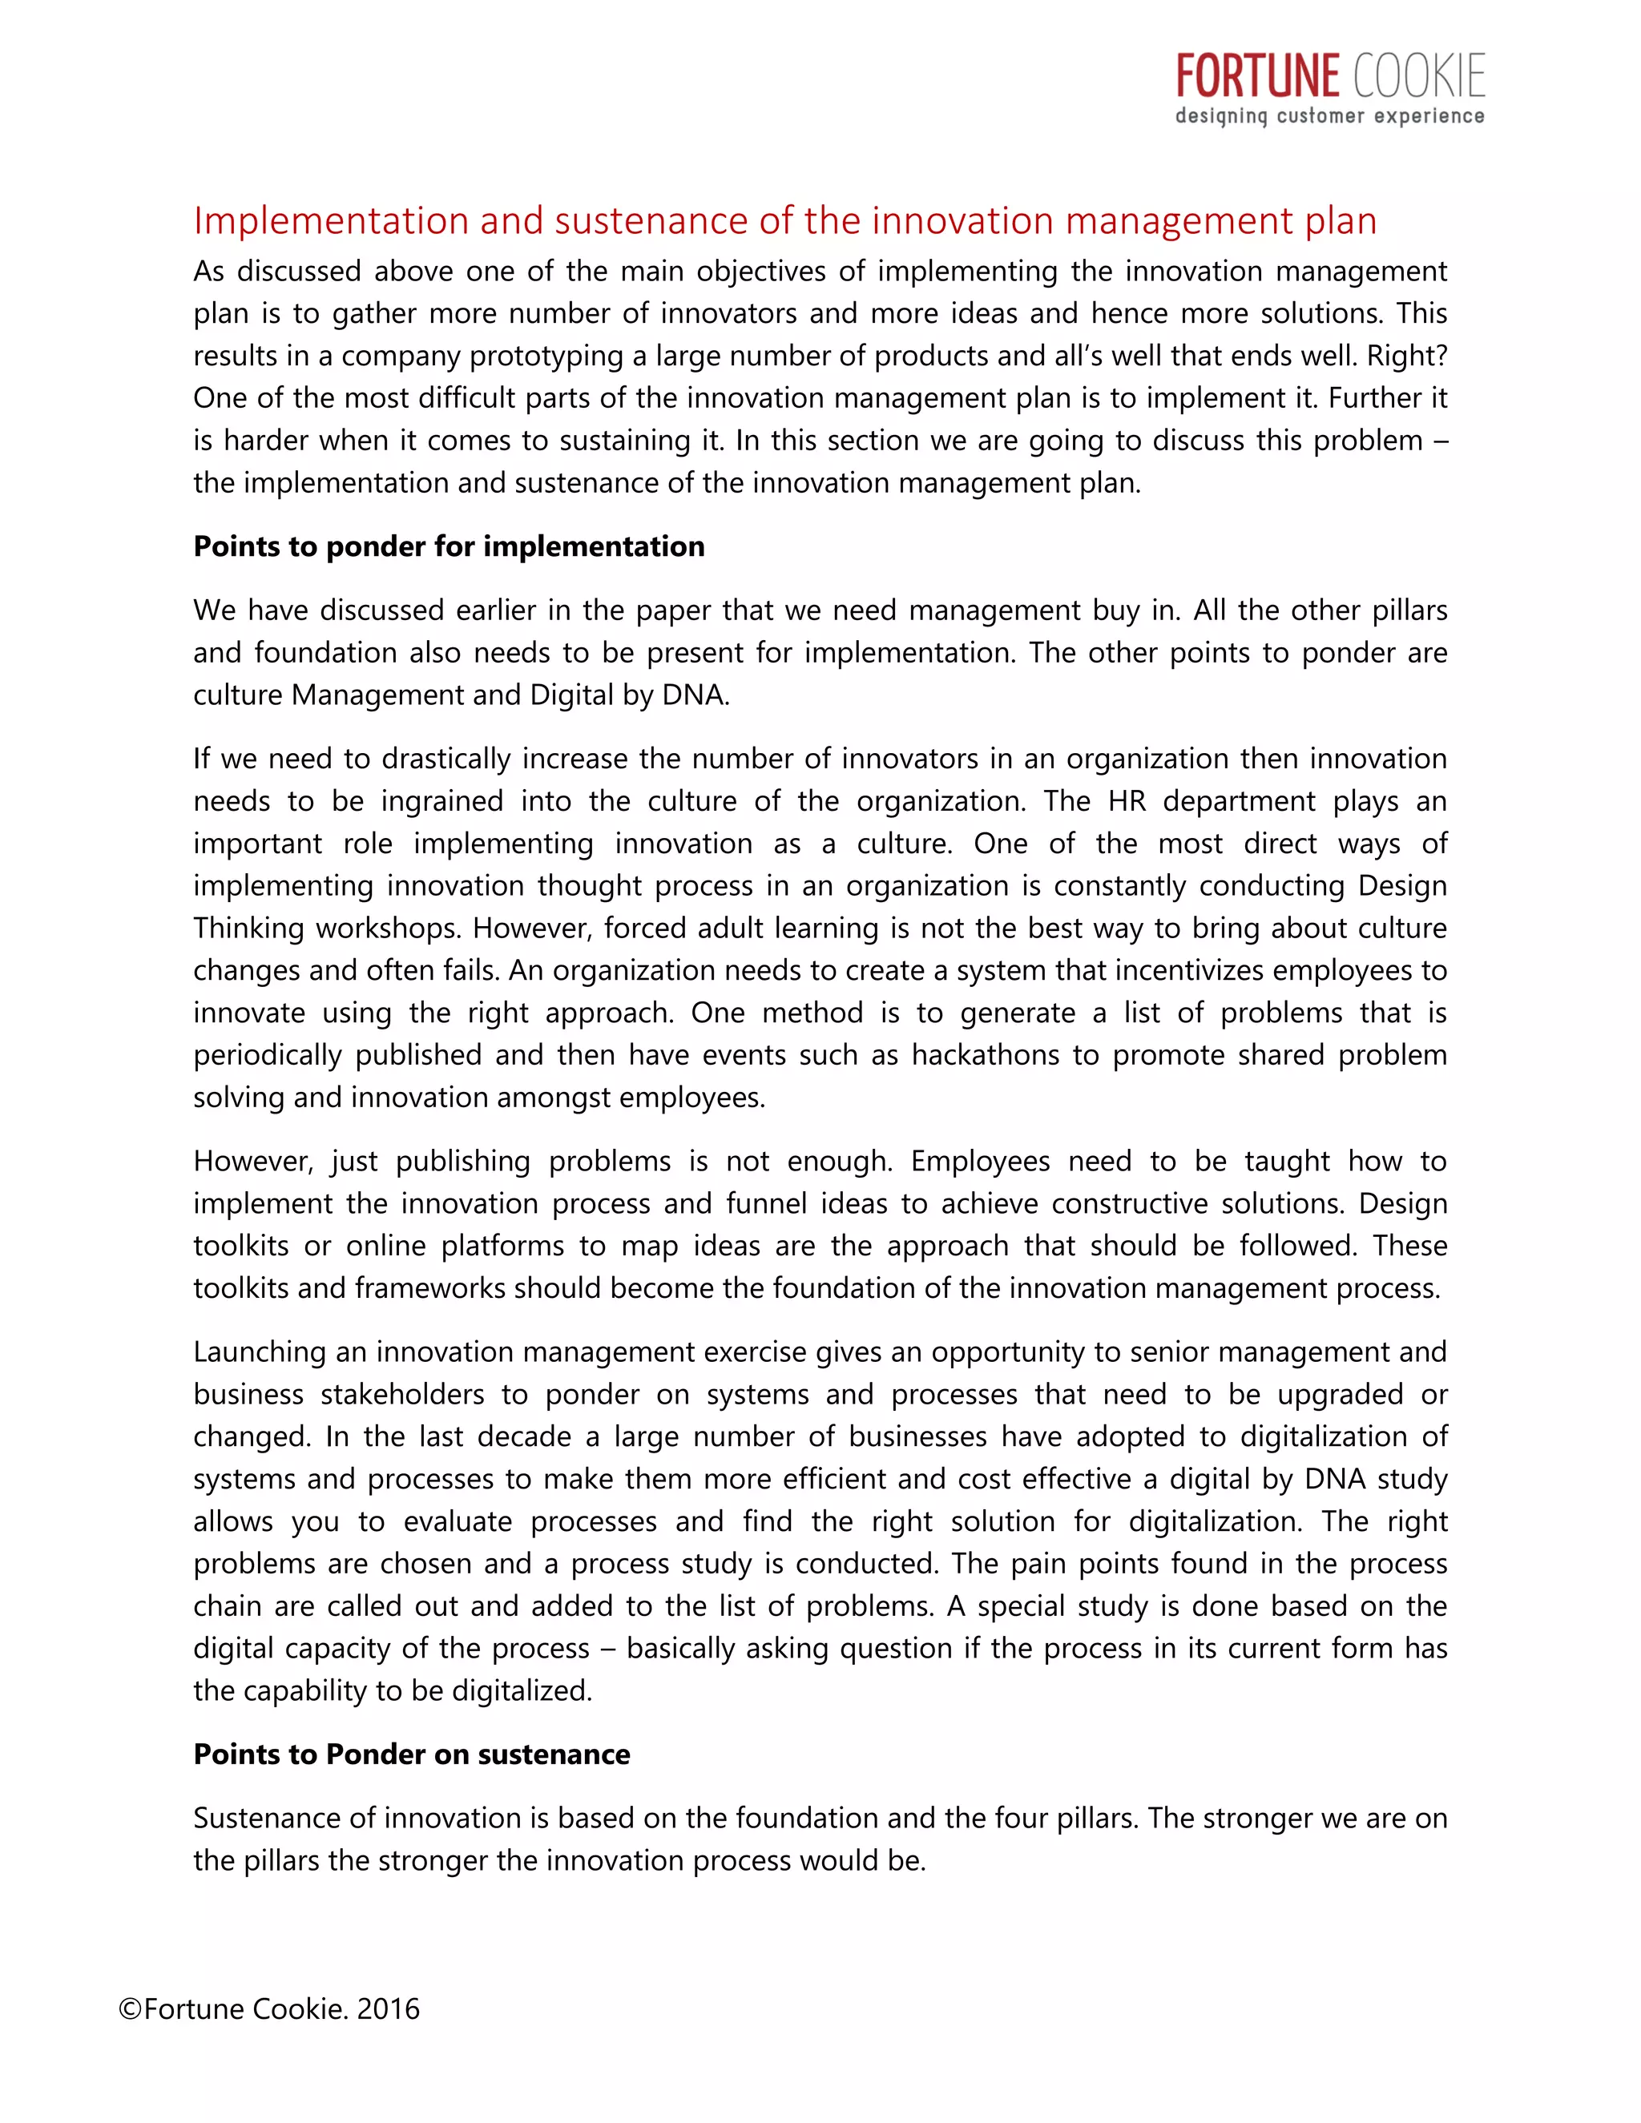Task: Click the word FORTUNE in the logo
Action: pyautogui.click(x=1258, y=77)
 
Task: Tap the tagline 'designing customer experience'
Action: pyautogui.click(x=1330, y=117)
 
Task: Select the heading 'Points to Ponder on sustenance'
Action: pyautogui.click(x=411, y=1754)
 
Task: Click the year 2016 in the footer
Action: pyautogui.click(x=388, y=2008)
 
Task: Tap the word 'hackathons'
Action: pyautogui.click(x=985, y=1055)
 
